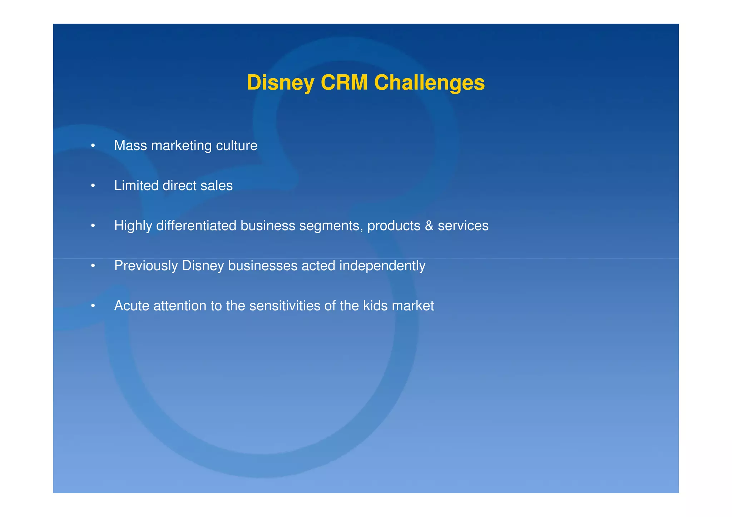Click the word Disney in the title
coord(280,83)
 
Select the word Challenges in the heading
coord(429,83)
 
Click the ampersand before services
coord(429,226)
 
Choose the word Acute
coord(132,306)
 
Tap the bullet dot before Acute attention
coord(93,306)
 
